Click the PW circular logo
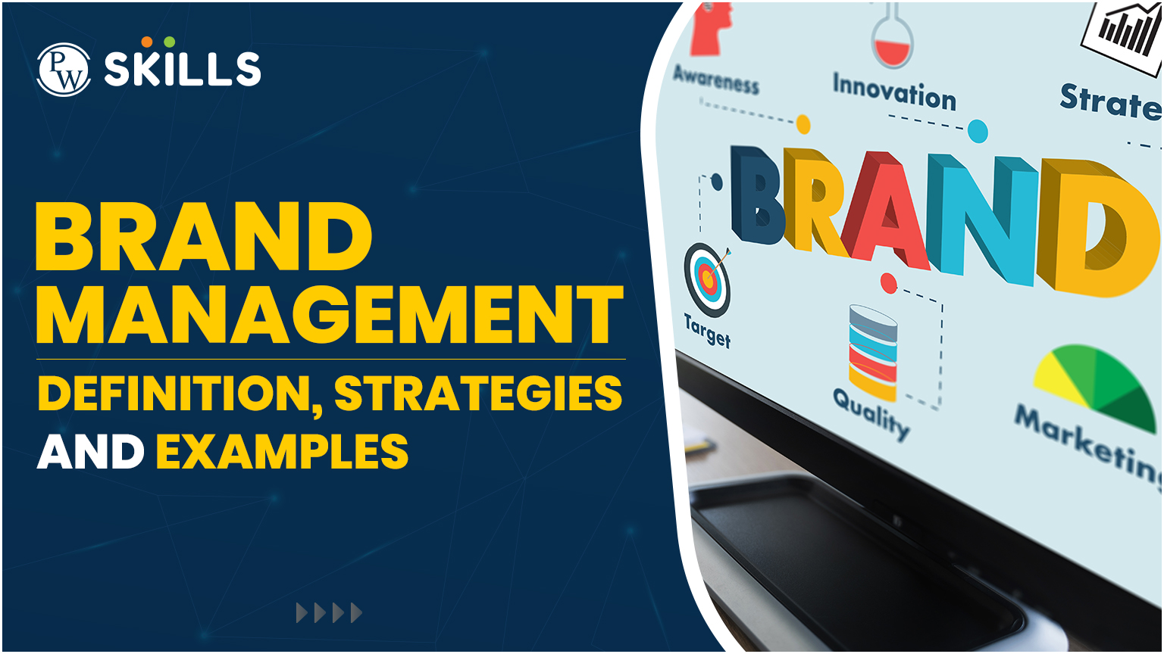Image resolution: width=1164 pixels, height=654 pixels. tap(64, 70)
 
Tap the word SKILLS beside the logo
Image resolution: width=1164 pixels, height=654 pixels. tap(183, 69)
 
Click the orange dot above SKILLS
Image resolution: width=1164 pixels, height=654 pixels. tap(147, 42)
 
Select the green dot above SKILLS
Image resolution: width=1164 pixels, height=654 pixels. tap(169, 42)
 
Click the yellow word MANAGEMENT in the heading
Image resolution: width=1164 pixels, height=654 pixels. tap(330, 315)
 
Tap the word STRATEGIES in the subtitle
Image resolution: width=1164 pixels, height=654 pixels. tap(478, 393)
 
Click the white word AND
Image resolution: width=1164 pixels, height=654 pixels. tap(90, 451)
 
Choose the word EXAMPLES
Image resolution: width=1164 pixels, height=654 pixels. tap(282, 451)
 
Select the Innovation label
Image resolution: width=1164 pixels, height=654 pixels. tap(894, 92)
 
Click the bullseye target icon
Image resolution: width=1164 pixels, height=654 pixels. tap(707, 279)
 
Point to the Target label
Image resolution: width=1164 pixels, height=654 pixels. tap(707, 331)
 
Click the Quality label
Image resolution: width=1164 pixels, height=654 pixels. tap(871, 414)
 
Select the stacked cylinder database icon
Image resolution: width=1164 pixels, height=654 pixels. tap(873, 353)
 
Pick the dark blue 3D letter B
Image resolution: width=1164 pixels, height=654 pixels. tap(758, 195)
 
